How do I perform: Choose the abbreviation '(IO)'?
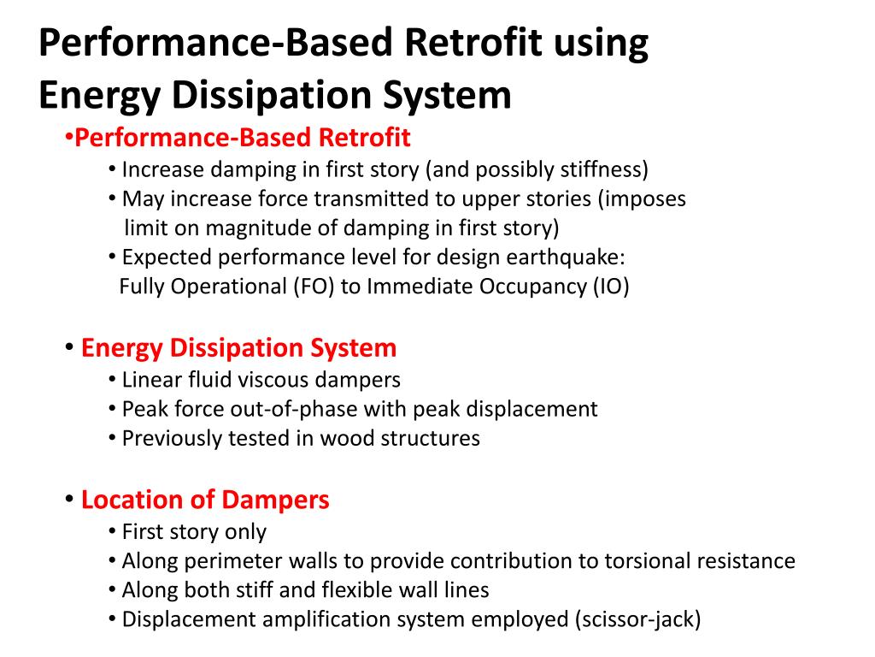click(610, 287)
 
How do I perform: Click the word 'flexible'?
click(362, 590)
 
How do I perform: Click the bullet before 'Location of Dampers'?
click(68, 499)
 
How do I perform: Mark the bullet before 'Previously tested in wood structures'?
click(113, 438)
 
